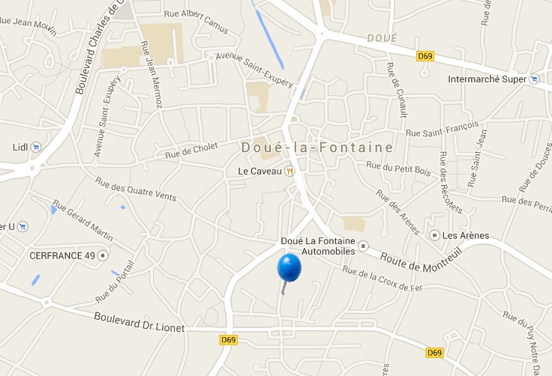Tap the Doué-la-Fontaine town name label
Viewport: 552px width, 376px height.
317,148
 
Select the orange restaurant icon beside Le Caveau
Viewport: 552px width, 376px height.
289,171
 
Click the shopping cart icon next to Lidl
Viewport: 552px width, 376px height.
36,147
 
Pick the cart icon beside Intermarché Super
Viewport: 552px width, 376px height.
533,79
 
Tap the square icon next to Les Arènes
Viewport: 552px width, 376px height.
434,236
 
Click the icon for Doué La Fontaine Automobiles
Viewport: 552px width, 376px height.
364,246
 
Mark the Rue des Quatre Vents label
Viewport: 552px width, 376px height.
136,189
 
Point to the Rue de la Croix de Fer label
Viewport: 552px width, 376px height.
382,278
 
